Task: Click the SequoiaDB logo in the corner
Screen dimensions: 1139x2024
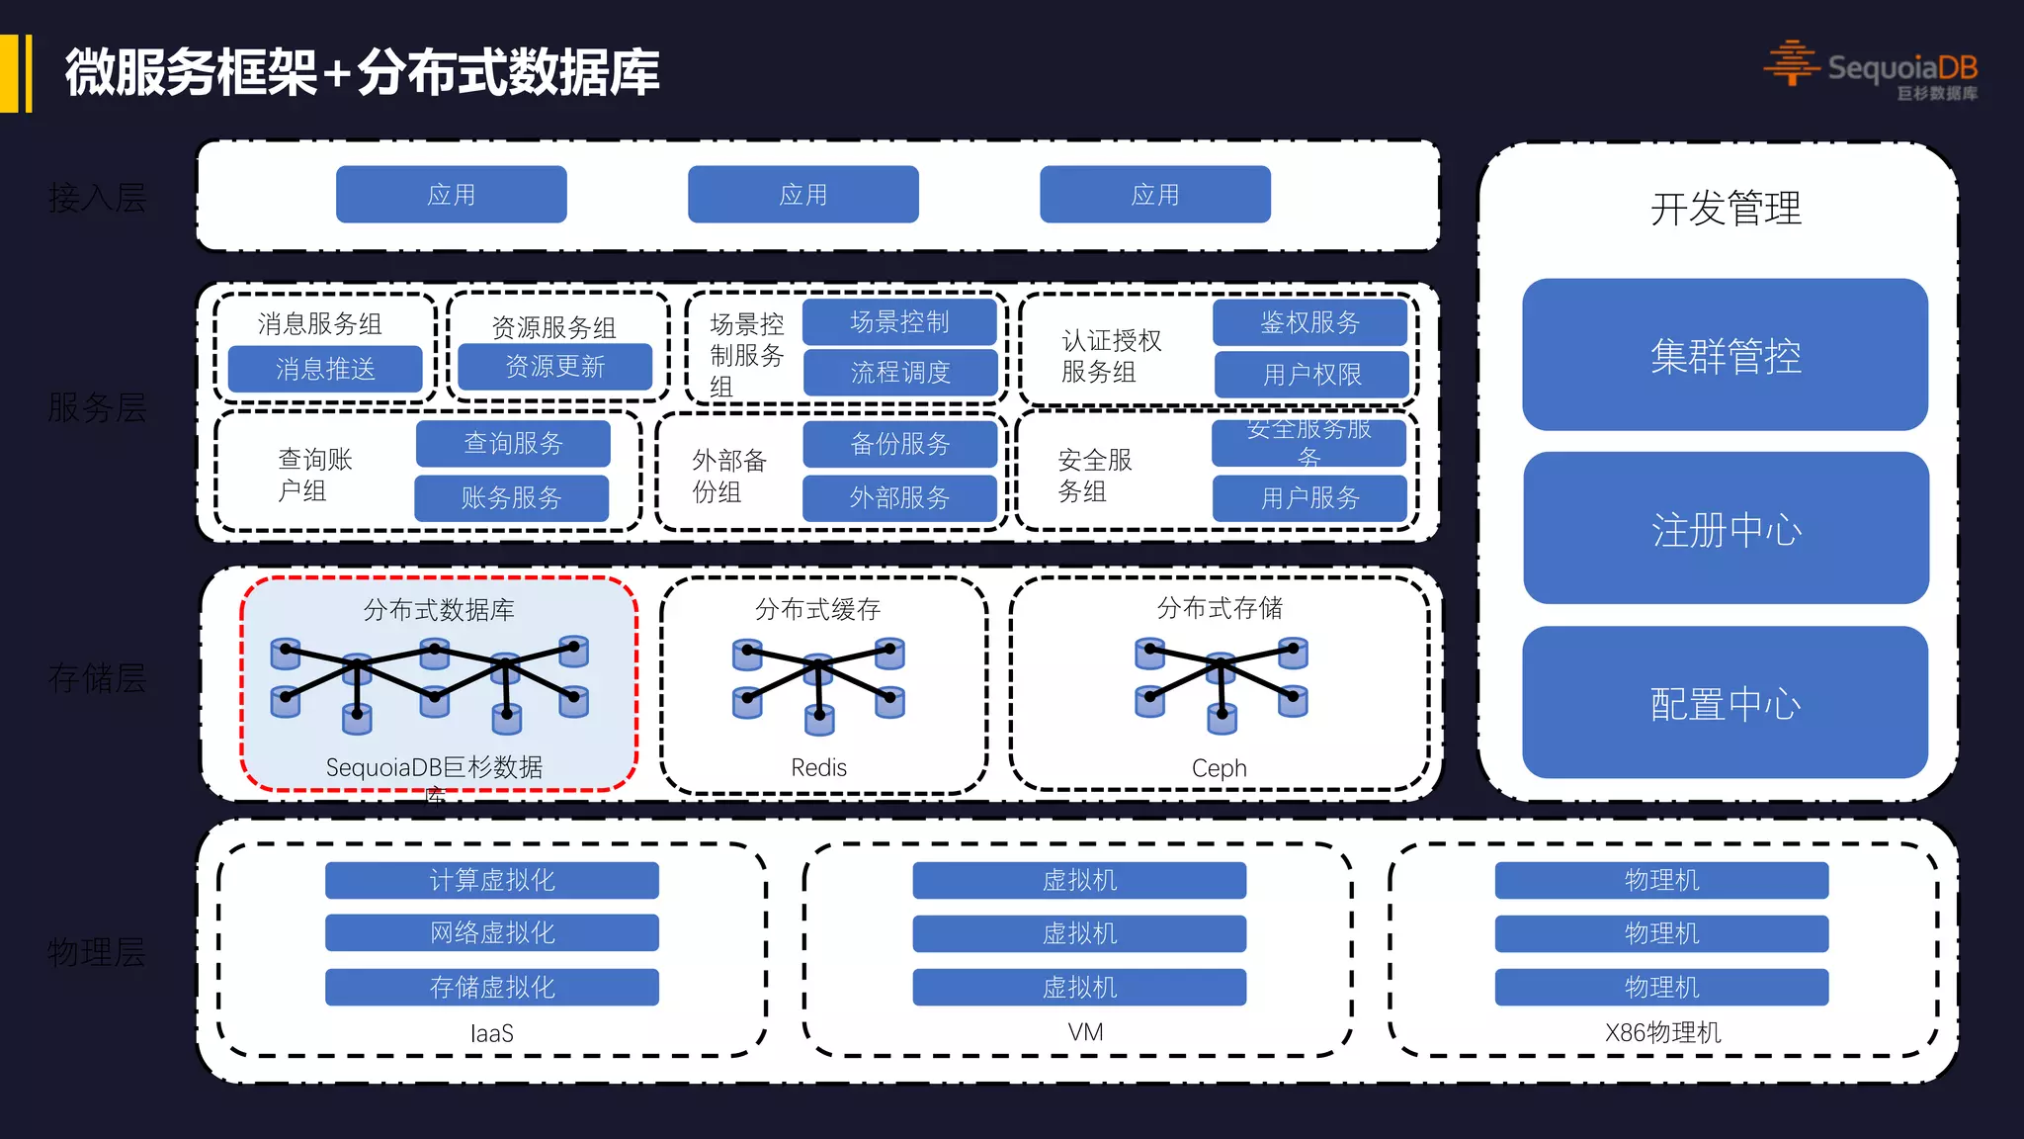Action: pyautogui.click(x=1871, y=68)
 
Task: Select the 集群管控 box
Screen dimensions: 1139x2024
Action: pyautogui.click(x=1725, y=355)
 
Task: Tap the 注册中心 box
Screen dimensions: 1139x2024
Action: pyautogui.click(x=1726, y=529)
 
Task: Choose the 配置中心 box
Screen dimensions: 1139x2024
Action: pyautogui.click(x=1725, y=703)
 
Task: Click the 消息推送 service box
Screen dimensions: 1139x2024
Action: pyautogui.click(x=325, y=369)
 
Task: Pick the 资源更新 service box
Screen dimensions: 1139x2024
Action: pyautogui.click(x=554, y=367)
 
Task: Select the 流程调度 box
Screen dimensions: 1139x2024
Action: pyautogui.click(x=900, y=373)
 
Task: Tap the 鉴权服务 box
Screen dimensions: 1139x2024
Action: pyautogui.click(x=1309, y=322)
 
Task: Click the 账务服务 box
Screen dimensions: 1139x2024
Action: pyautogui.click(x=511, y=497)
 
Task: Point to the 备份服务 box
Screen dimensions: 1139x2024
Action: pyautogui.click(x=899, y=444)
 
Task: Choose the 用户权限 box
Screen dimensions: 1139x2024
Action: pyautogui.click(x=1311, y=375)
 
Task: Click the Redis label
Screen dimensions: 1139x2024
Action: pyautogui.click(x=818, y=767)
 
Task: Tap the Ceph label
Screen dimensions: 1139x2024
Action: pyautogui.click(x=1219, y=768)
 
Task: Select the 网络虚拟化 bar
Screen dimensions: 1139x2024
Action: pyautogui.click(x=492, y=932)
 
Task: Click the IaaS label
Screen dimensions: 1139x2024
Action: pyautogui.click(x=491, y=1033)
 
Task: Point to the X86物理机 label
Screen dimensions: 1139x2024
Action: pyautogui.click(x=1662, y=1033)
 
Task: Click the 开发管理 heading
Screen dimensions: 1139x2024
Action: pyautogui.click(x=1726, y=209)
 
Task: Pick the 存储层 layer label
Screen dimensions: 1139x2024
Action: pyautogui.click(x=97, y=678)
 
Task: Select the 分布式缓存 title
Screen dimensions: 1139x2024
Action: pyautogui.click(x=817, y=609)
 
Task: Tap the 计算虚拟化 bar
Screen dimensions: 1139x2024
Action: pyautogui.click(x=492, y=880)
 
